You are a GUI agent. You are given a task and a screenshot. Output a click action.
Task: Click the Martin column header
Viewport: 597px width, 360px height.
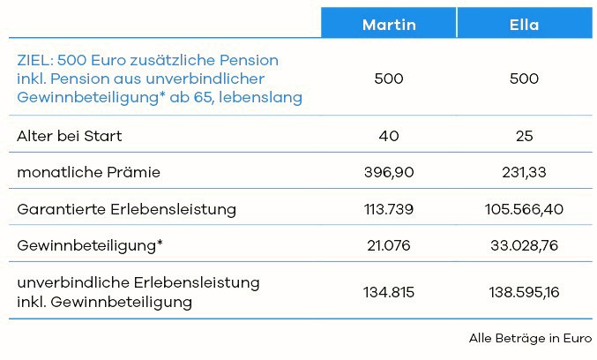click(389, 25)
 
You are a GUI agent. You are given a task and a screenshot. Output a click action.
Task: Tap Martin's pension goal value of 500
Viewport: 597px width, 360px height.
click(389, 79)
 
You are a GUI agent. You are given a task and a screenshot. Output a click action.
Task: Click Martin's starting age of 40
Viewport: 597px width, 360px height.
click(389, 136)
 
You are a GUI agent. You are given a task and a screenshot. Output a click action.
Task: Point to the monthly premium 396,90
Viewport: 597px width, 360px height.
click(389, 173)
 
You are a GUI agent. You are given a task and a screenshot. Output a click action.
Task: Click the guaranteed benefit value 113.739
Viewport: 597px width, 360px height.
click(389, 210)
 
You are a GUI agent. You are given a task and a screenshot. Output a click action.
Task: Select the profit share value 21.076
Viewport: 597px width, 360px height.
click(389, 246)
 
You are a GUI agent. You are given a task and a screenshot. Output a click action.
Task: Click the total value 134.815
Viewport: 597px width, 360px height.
click(389, 292)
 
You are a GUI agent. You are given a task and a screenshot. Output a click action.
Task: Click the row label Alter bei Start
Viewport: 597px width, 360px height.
click(70, 136)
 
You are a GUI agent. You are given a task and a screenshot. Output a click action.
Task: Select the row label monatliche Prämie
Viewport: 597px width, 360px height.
click(88, 173)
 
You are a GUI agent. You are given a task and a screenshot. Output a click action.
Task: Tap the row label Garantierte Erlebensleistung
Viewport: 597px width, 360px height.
click(126, 210)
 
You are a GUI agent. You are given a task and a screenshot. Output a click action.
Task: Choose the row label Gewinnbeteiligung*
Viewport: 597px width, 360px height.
click(90, 246)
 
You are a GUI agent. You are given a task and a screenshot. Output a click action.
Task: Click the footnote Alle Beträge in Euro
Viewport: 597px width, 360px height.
click(531, 338)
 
